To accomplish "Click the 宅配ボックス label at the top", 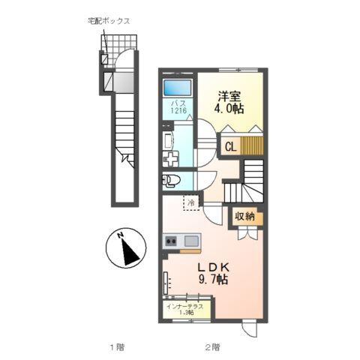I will click(109, 21).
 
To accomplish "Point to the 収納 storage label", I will click(244, 217).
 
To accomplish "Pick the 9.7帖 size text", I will click(212, 280).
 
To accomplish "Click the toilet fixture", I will click(171, 180).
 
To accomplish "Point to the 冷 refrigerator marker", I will click(192, 202).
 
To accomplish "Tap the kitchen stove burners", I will click(170, 241).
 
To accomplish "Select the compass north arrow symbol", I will click(127, 248).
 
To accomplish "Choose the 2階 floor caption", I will click(211, 347).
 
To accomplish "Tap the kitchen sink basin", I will click(191, 241).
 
